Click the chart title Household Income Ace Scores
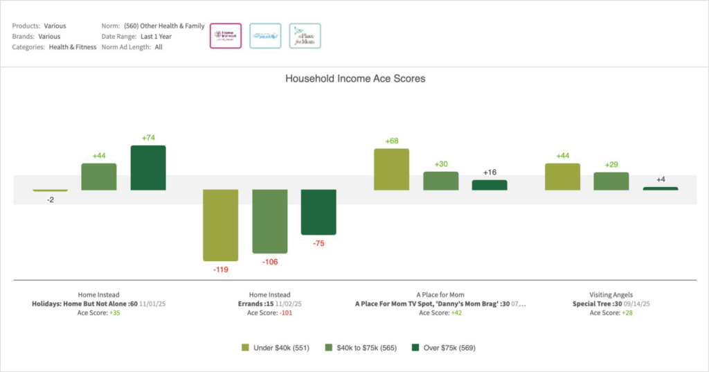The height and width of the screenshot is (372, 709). [354, 79]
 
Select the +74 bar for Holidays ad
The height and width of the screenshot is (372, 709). [148, 168]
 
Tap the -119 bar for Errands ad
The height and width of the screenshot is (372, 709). [221, 224]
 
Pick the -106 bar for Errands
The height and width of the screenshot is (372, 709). [270, 221]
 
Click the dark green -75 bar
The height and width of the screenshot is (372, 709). [318, 212]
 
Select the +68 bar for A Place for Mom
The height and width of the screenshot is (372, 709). [391, 169]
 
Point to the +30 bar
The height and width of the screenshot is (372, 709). [441, 181]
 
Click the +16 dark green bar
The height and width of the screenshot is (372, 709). [490, 185]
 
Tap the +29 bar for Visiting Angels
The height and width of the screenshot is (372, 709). [611, 181]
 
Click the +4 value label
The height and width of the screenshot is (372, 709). [661, 180]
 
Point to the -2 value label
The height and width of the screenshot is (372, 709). [50, 200]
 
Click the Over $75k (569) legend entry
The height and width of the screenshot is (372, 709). [444, 347]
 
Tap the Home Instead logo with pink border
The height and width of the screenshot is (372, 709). [225, 36]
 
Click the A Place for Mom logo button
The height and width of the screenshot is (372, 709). [305, 36]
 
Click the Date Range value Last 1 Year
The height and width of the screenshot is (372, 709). [156, 37]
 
